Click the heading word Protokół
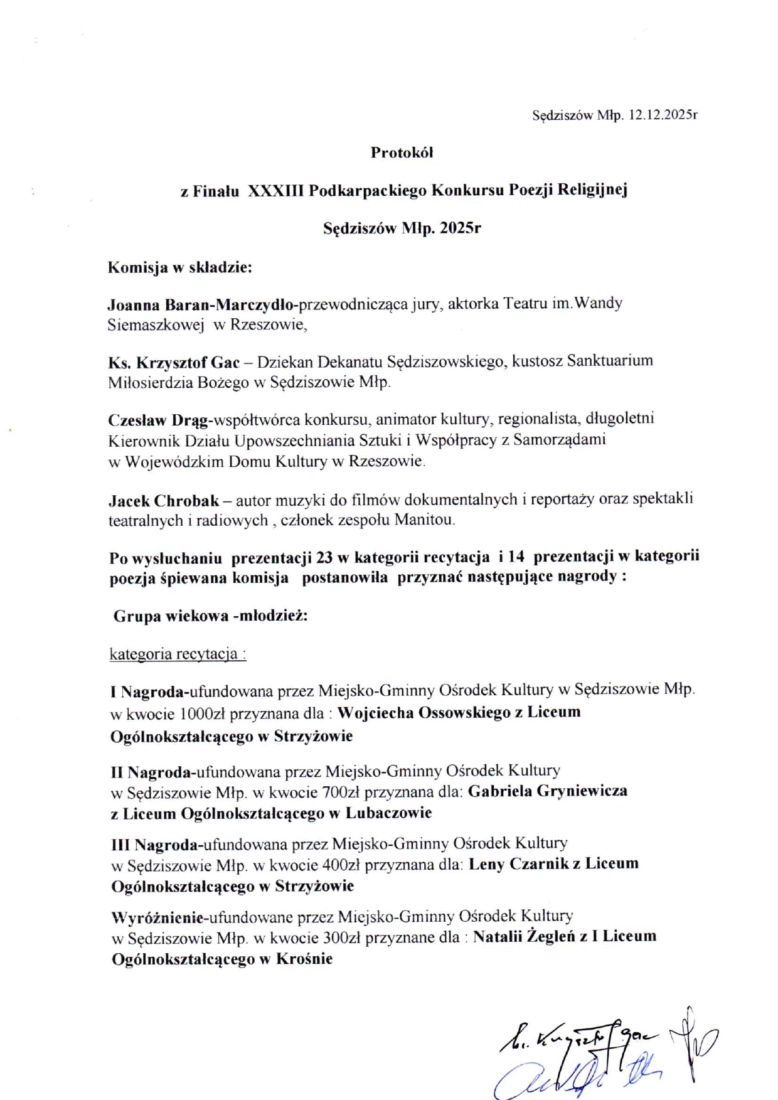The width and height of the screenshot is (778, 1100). pos(402,152)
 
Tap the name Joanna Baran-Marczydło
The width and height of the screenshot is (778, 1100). pos(201,305)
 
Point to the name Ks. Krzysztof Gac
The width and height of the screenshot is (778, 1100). pos(174,362)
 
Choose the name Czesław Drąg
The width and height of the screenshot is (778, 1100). pos(161,420)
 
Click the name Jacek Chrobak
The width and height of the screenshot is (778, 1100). pos(164,501)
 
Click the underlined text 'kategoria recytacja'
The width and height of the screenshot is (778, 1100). pos(178,654)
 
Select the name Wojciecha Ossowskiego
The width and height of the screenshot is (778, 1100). pos(424,713)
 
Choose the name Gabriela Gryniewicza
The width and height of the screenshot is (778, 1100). pos(547,791)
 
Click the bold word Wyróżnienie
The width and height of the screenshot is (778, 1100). pos(157,917)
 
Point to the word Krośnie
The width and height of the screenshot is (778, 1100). pos(304,959)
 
